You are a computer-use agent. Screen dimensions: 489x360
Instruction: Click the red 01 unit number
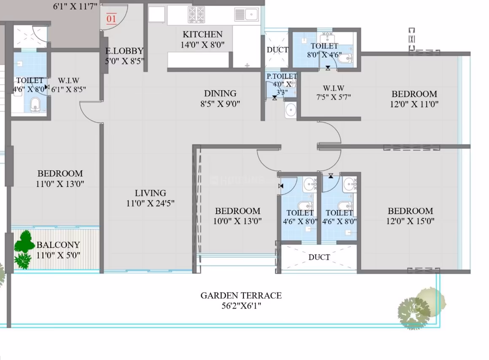[111, 19]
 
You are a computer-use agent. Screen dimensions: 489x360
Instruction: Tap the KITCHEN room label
[203, 34]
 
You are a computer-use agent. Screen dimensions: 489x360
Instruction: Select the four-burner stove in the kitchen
[196, 15]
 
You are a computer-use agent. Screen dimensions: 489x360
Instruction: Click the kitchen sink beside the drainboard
[251, 14]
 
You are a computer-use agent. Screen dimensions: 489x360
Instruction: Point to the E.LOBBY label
[124, 51]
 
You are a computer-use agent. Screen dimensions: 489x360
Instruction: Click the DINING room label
[220, 93]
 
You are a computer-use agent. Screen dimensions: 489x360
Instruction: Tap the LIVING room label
[150, 193]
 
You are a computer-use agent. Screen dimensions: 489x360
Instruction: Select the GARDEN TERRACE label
[241, 296]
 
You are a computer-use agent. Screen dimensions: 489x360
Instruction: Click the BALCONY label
[58, 245]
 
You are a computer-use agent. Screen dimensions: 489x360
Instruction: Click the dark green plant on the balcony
[24, 250]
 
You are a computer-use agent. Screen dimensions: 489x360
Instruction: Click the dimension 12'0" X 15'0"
[411, 221]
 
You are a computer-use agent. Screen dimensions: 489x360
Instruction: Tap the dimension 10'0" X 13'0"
[237, 221]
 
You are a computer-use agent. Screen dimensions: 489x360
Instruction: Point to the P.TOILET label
[282, 76]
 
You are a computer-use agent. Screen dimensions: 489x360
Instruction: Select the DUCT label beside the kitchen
[277, 50]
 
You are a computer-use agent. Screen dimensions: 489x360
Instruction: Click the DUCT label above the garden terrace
[319, 258]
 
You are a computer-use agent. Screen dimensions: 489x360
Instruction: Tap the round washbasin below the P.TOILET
[290, 110]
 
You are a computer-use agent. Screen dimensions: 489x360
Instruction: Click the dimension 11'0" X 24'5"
[150, 204]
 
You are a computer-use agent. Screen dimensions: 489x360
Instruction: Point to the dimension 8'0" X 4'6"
[324, 55]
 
